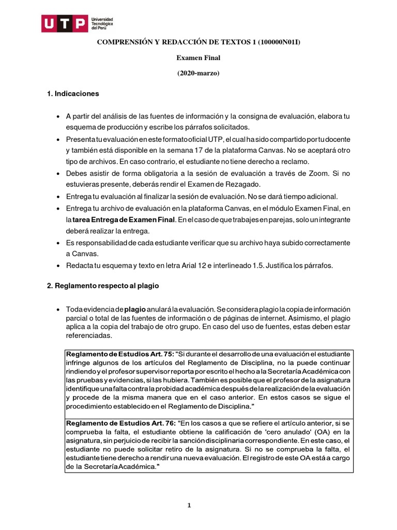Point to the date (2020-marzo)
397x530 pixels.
(x=198, y=73)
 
